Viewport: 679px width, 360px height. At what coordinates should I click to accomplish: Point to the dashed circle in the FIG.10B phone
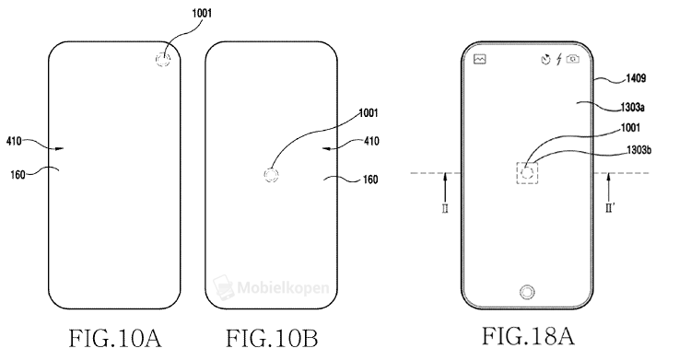point(272,175)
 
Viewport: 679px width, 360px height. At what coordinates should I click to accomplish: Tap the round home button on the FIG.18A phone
point(527,292)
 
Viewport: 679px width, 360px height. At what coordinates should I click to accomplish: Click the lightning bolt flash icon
point(558,60)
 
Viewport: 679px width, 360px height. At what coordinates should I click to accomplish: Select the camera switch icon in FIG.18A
point(573,60)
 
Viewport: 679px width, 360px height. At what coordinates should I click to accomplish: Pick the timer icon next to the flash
point(544,60)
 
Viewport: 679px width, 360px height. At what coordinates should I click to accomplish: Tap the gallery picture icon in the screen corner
point(479,60)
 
